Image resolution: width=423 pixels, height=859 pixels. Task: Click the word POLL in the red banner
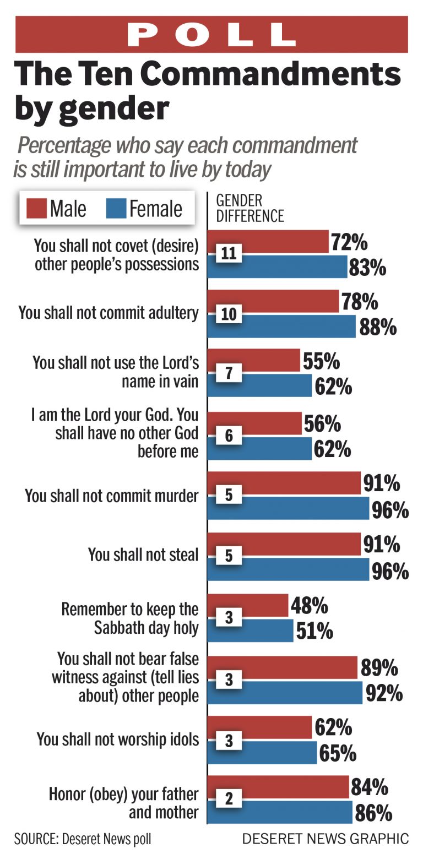(x=211, y=35)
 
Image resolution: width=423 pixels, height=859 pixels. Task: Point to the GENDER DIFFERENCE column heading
(x=250, y=208)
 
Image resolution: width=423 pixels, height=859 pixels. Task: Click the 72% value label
(x=349, y=242)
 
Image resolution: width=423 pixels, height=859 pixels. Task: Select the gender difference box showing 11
(x=229, y=253)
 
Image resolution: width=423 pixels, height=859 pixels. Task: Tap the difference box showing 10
(x=229, y=313)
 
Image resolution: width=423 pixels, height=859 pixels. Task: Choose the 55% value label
(x=321, y=361)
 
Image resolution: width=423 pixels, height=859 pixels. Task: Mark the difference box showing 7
(x=229, y=373)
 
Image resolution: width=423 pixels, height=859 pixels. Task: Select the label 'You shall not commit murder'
(x=111, y=496)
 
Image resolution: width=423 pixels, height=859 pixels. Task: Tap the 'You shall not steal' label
(x=143, y=554)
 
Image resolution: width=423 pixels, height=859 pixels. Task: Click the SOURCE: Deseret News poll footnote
(x=83, y=839)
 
